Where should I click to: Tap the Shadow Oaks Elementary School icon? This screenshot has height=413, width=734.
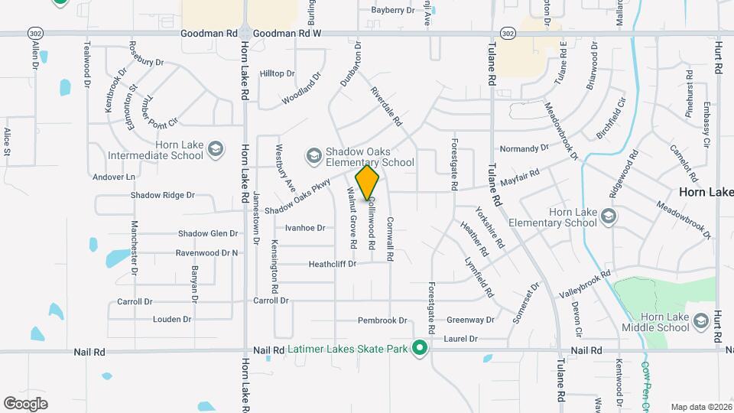tap(313, 156)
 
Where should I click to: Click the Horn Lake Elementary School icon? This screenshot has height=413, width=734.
tap(608, 216)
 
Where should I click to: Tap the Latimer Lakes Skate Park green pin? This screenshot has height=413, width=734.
tap(419, 349)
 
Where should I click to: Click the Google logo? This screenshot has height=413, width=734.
tap(25, 403)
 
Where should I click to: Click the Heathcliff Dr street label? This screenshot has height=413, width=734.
tap(333, 264)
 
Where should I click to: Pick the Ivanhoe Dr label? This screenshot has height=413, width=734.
tap(305, 227)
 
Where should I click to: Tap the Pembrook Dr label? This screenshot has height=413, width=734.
tap(382, 320)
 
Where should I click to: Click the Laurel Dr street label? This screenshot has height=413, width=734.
tap(460, 338)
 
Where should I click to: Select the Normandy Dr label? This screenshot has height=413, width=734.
tap(525, 148)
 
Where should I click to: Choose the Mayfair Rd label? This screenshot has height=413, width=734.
tap(525, 175)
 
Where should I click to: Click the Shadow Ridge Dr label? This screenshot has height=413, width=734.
tap(158, 195)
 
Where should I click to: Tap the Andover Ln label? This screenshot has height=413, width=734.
tap(113, 177)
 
